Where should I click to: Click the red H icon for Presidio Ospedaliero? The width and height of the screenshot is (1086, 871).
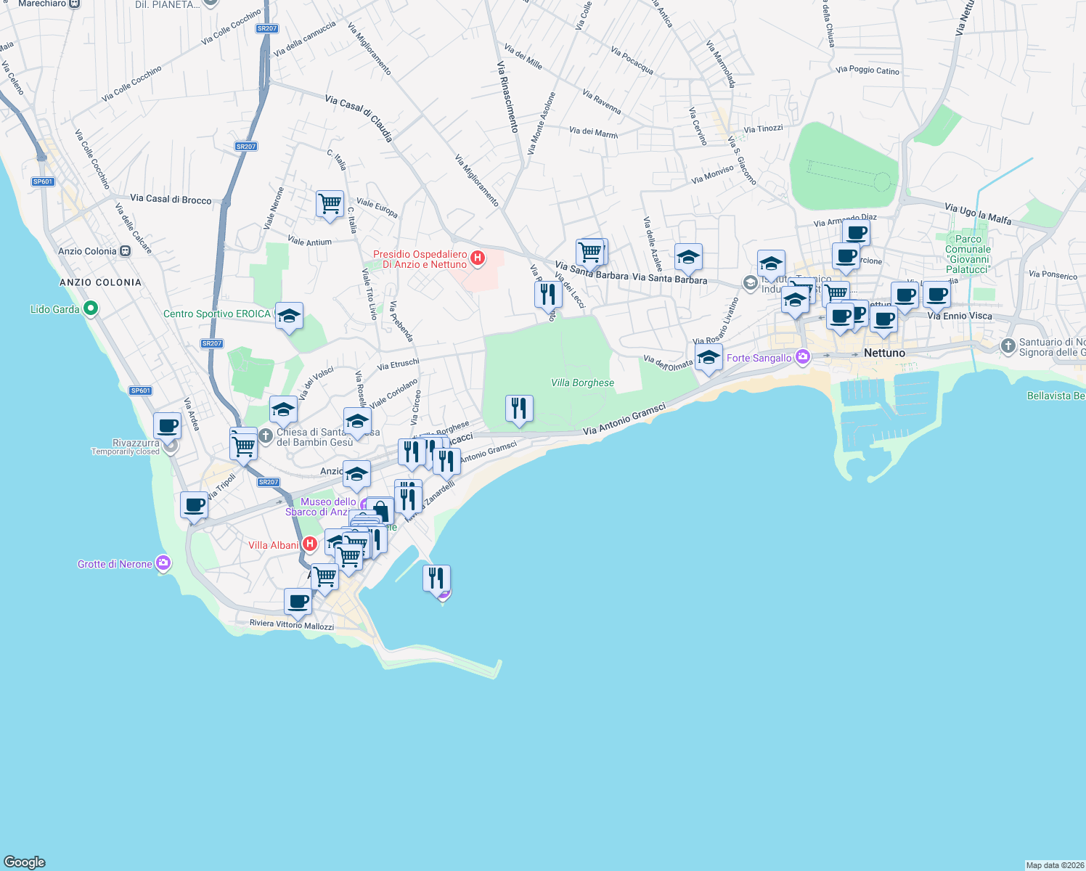coord(478,258)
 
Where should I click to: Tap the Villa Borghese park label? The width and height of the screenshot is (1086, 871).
coord(582,383)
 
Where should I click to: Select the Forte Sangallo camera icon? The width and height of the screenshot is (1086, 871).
coord(802,357)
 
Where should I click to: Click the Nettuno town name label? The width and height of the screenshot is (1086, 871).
coord(884,353)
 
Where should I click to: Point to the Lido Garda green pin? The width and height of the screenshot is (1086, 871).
coord(91,308)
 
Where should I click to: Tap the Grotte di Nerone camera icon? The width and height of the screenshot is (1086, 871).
coord(163,563)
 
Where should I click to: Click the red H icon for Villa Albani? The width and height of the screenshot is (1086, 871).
coord(310,544)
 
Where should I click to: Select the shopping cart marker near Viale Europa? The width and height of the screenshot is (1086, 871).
coord(330,204)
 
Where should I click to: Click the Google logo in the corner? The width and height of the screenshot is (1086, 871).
coord(25,862)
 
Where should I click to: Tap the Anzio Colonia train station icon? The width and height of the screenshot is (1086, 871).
coord(125,251)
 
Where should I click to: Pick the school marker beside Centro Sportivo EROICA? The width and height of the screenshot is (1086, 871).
coord(289,316)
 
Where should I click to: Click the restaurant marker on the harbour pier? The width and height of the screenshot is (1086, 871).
coord(436,579)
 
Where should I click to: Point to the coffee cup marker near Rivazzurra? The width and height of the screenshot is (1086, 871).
coord(167,427)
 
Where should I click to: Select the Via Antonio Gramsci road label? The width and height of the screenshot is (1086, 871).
coord(624,420)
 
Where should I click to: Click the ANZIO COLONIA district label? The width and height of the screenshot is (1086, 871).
coord(100,282)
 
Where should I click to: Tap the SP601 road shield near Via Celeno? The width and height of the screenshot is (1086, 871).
coord(43,181)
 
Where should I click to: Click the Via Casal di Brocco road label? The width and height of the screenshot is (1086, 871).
coord(171,199)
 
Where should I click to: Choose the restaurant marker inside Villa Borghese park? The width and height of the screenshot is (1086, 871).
coord(518,409)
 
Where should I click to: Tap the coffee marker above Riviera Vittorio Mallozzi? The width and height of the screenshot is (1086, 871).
coord(298,602)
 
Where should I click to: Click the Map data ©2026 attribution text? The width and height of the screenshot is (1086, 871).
coord(1054,864)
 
